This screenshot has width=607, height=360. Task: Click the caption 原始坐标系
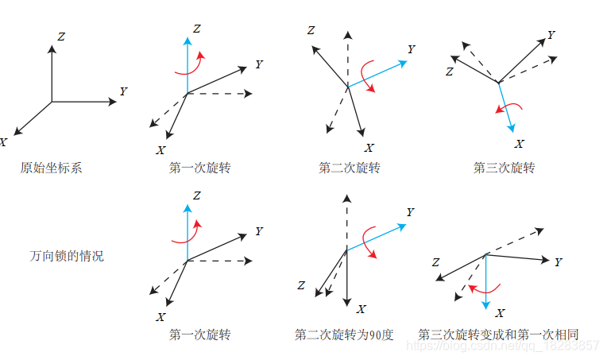click(51, 168)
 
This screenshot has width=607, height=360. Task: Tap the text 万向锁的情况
click(67, 256)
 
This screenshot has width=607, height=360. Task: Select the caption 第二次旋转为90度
click(343, 335)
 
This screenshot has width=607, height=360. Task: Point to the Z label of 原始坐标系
click(61, 36)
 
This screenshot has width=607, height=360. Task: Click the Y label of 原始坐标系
click(123, 92)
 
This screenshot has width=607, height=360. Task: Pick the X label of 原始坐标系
click(4, 142)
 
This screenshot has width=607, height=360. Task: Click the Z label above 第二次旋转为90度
click(301, 285)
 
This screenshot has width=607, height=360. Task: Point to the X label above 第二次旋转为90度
click(361, 308)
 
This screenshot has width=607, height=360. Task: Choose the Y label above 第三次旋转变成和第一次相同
click(559, 262)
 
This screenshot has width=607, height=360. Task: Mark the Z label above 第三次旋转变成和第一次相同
click(435, 262)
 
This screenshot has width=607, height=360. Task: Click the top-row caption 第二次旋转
click(350, 168)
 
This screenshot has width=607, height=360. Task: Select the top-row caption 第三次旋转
click(504, 168)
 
